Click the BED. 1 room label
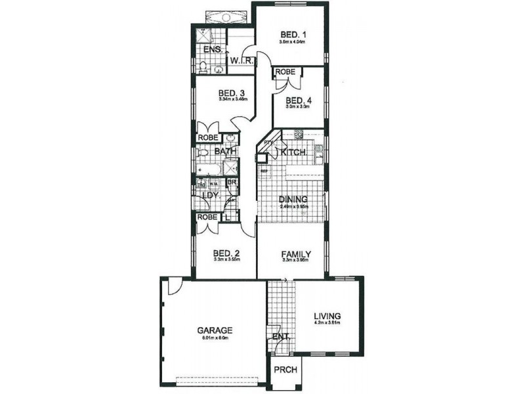291,35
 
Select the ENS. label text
212,50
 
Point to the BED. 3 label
232,93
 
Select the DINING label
293,200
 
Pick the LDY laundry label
209,195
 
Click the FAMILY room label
296,253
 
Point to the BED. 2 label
226,253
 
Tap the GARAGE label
215,330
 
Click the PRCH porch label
285,370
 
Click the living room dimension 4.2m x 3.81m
326,323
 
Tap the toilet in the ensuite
204,66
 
